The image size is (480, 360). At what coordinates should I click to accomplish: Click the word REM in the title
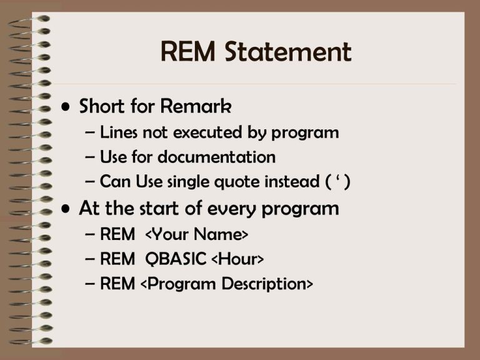(x=188, y=51)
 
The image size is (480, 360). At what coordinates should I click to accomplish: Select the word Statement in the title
(x=288, y=51)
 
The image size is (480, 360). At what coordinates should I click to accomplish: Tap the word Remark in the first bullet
(x=196, y=106)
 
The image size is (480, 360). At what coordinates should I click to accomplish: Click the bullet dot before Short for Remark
(x=66, y=107)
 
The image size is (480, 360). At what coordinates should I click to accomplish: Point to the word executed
(x=207, y=132)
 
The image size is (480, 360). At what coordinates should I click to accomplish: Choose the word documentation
(x=217, y=157)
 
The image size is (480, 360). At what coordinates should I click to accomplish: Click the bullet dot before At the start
(x=66, y=209)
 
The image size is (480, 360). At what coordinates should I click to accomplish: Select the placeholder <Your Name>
(x=196, y=234)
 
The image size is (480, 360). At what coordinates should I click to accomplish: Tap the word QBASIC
(x=176, y=259)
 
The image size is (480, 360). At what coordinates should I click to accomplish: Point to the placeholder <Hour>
(x=237, y=259)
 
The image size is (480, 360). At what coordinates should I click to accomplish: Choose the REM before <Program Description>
(x=117, y=284)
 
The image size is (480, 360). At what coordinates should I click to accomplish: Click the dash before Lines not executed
(x=90, y=132)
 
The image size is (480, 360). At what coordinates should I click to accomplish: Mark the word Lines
(x=119, y=132)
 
